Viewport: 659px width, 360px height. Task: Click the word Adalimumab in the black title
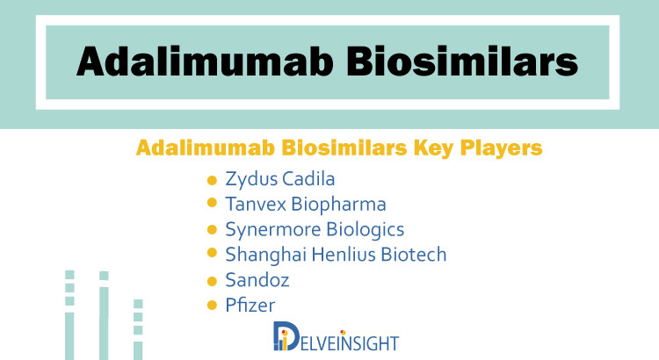tap(205, 61)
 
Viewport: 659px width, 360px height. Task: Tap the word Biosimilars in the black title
tap(462, 61)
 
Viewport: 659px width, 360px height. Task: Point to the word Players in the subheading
tap(501, 148)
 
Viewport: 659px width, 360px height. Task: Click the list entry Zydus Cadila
tap(280, 179)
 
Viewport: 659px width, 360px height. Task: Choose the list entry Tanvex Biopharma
tap(306, 205)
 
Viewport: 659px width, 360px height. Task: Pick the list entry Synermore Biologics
tap(315, 230)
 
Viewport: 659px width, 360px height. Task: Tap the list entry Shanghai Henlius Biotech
tap(336, 255)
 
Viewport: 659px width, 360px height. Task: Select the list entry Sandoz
tap(257, 280)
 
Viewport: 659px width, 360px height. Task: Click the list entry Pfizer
tap(250, 306)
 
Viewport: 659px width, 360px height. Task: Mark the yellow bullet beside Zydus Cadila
tap(213, 180)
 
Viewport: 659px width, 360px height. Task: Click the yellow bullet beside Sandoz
tap(213, 281)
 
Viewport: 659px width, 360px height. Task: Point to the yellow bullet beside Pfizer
tap(213, 306)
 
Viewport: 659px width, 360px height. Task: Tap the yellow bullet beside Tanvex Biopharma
tap(213, 203)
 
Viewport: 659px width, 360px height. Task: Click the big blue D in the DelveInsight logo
tap(286, 336)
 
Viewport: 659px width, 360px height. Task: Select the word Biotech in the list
tap(414, 255)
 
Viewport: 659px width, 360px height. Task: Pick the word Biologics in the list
tap(366, 230)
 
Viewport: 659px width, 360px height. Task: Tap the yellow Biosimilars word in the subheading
tap(344, 148)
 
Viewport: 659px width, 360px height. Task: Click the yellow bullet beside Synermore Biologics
tap(213, 230)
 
